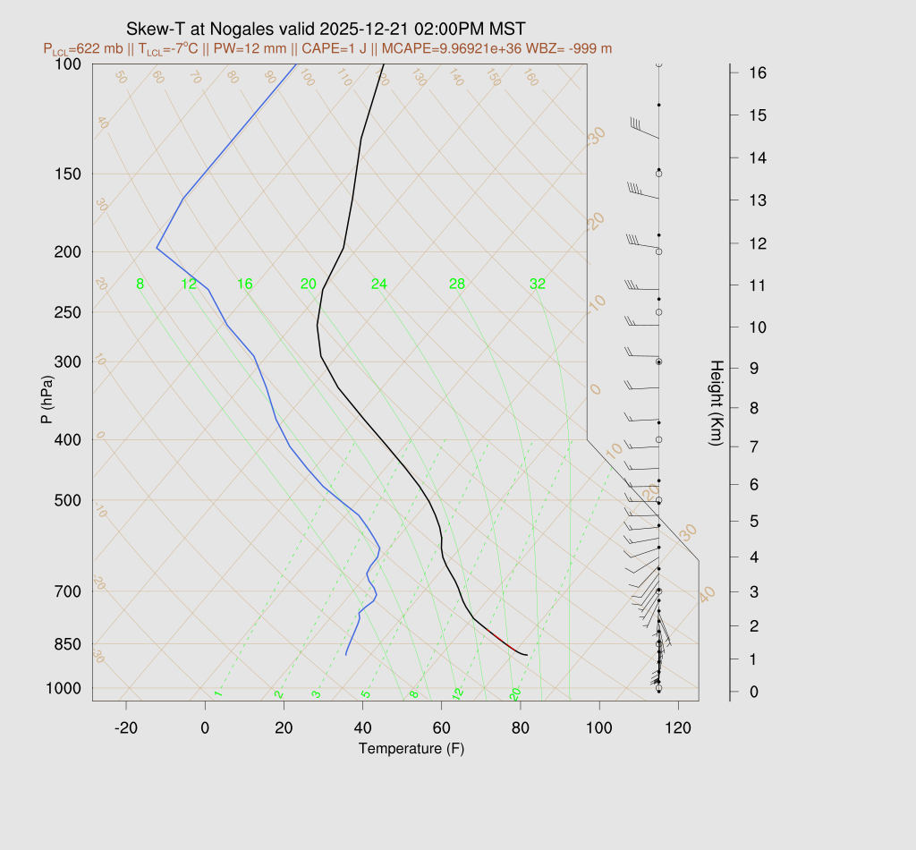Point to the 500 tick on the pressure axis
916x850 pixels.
(x=67, y=500)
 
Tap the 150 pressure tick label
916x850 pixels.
(x=67, y=174)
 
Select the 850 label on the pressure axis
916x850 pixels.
(x=67, y=644)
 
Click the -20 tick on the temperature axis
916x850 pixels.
(x=126, y=728)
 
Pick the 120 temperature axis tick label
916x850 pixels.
(x=678, y=728)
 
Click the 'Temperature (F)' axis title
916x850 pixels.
(x=411, y=748)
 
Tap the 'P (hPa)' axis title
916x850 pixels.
(x=47, y=400)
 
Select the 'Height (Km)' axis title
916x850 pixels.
(x=716, y=404)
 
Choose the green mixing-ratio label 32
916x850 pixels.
(x=538, y=285)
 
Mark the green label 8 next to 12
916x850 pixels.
(x=140, y=285)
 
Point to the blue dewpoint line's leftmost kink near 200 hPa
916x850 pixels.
(x=157, y=248)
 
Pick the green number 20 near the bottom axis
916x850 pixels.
(x=515, y=694)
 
